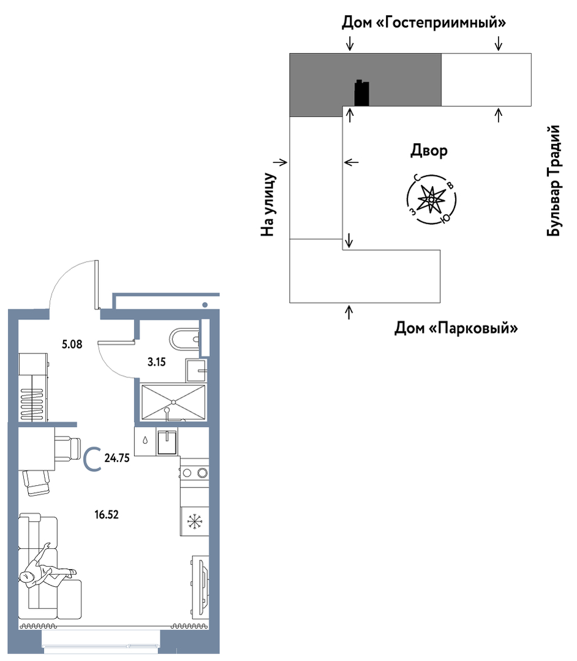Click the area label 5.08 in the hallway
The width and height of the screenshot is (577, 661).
point(72,344)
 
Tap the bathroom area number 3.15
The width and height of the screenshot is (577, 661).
point(156,361)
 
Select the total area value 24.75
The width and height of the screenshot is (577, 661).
point(117,458)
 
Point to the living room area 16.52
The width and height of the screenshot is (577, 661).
point(106,515)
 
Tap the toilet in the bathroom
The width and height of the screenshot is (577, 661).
point(184,339)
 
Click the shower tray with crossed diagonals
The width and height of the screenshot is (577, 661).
point(173,402)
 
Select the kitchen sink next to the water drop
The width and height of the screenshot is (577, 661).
point(167,442)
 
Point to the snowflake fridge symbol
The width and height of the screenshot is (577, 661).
point(195,521)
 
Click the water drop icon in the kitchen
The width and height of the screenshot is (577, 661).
point(145,440)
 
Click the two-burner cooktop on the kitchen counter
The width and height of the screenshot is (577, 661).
point(195,472)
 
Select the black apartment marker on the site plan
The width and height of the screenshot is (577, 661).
point(361,93)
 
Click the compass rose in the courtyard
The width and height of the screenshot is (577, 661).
point(431,198)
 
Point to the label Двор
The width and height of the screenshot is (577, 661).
point(429,151)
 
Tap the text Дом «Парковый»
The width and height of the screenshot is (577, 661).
point(456,328)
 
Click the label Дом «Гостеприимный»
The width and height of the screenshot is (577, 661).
point(424,22)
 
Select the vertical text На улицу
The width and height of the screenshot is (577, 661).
point(268,205)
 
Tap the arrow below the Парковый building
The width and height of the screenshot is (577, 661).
point(349,312)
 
